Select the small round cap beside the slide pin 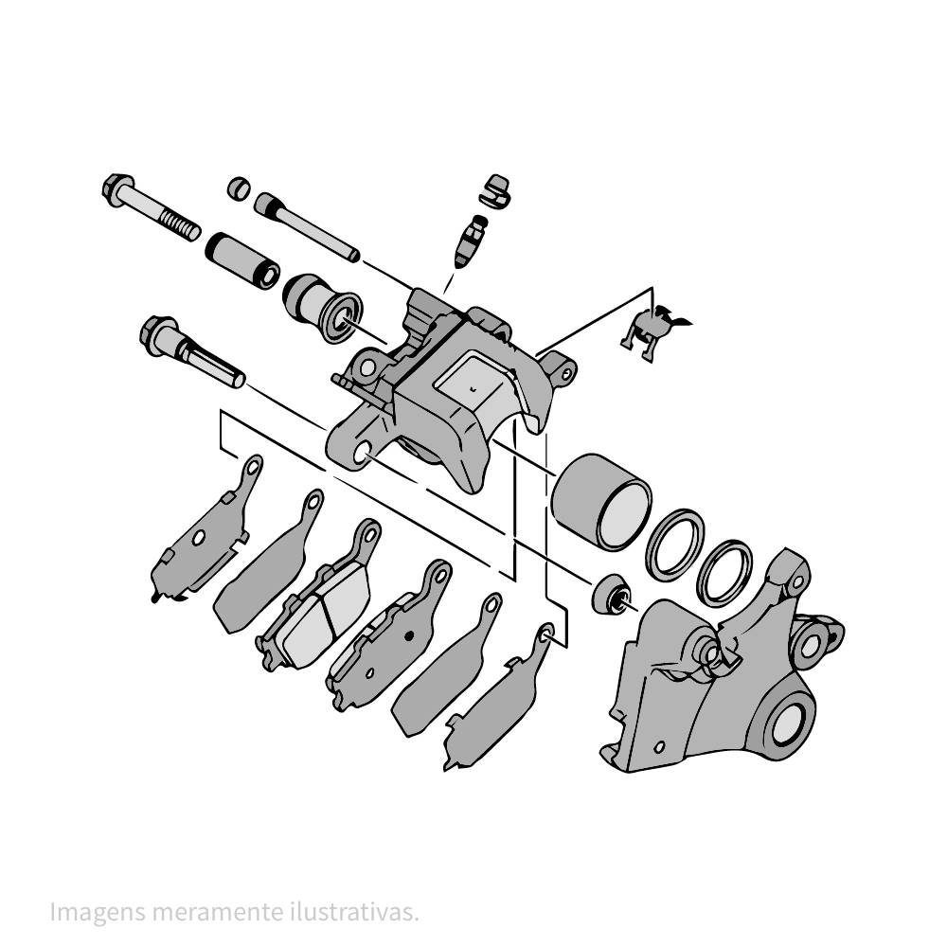point(239,187)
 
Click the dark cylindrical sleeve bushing point(242,259)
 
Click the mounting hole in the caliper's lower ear point(361,456)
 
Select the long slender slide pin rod point(308,227)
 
